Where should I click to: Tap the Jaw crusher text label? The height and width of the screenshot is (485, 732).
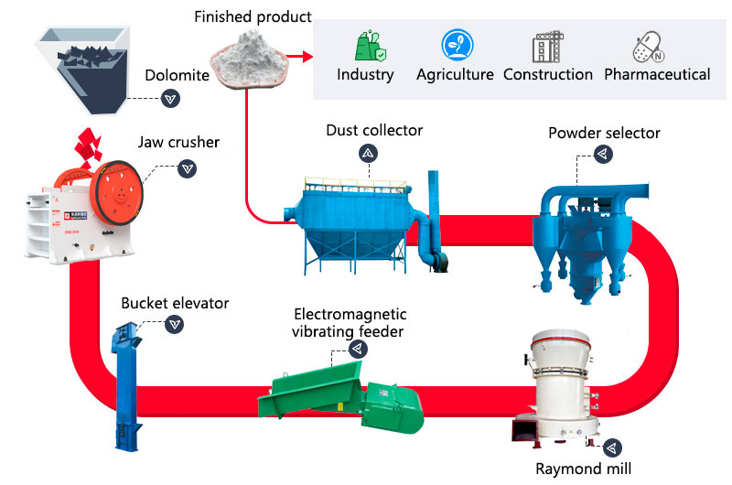(x=179, y=143)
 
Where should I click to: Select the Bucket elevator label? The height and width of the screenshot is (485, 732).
(x=175, y=303)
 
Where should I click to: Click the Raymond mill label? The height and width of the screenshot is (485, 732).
(x=584, y=469)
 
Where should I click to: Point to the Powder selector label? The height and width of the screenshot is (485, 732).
(x=604, y=133)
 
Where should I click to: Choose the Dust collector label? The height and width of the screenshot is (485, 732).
(x=374, y=130)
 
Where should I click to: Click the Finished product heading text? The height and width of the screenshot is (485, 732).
(x=253, y=16)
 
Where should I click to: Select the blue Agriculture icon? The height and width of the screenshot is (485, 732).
(x=455, y=45)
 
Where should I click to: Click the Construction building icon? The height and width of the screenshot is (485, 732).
(x=547, y=46)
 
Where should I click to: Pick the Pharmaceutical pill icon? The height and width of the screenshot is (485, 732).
(x=648, y=46)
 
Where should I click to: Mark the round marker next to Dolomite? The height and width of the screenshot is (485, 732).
(x=169, y=98)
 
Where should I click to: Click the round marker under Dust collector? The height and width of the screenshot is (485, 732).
(x=366, y=153)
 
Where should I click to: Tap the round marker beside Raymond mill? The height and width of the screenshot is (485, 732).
(x=612, y=447)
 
